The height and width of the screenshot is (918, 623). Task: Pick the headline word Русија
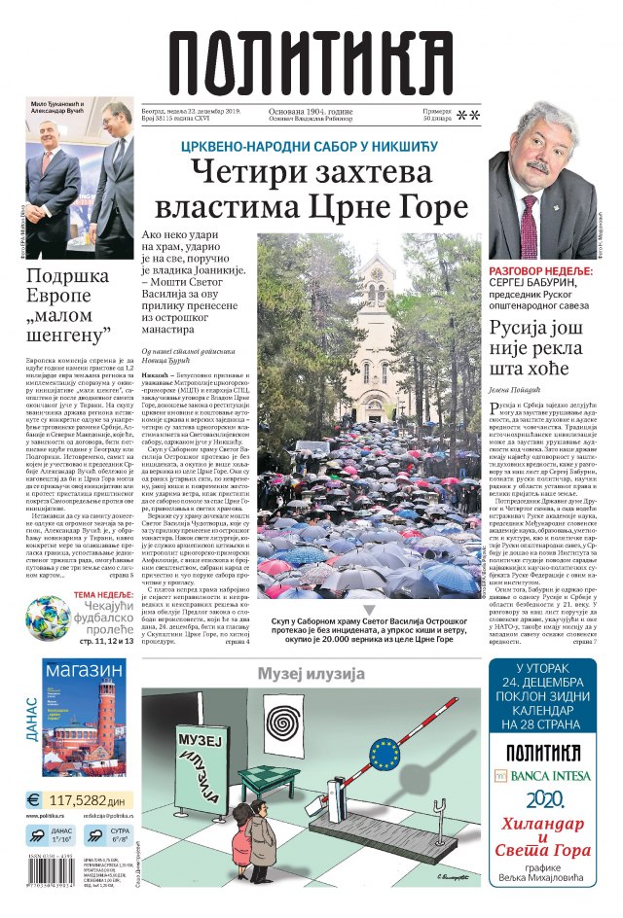(529, 328)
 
